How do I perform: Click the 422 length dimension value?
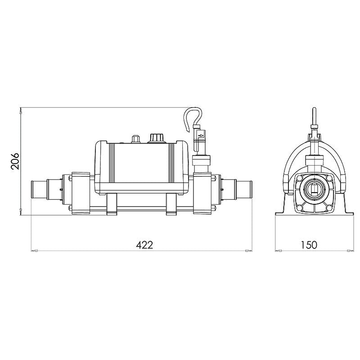(144, 245)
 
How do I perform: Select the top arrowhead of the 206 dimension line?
(21, 111)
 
